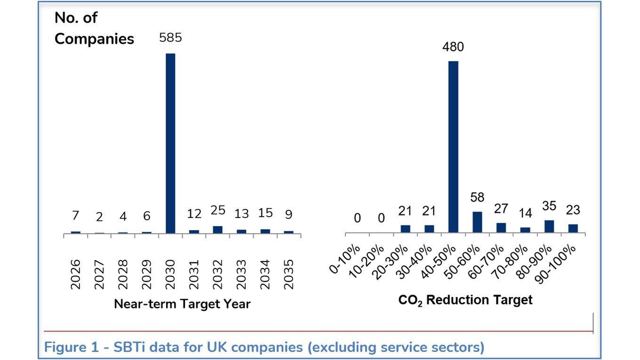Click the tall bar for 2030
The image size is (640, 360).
click(x=170, y=143)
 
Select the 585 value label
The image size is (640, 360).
click(x=170, y=38)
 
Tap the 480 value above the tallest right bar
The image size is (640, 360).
click(x=453, y=47)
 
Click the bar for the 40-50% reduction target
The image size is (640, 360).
click(x=453, y=146)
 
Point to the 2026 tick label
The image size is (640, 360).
click(x=76, y=274)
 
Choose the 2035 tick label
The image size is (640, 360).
click(x=288, y=274)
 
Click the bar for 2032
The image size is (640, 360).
click(x=217, y=230)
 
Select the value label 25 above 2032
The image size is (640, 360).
click(x=218, y=211)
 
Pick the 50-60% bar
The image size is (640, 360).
click(x=477, y=222)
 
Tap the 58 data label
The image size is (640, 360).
click(x=477, y=198)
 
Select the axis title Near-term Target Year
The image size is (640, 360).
click(x=182, y=304)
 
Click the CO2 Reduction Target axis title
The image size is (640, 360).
click(x=465, y=300)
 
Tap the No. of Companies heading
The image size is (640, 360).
click(x=94, y=28)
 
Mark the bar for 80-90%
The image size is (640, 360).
click(x=549, y=226)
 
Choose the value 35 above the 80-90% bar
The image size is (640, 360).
click(x=549, y=206)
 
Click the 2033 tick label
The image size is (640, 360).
click(x=241, y=274)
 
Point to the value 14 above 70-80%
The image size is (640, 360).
click(x=525, y=213)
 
